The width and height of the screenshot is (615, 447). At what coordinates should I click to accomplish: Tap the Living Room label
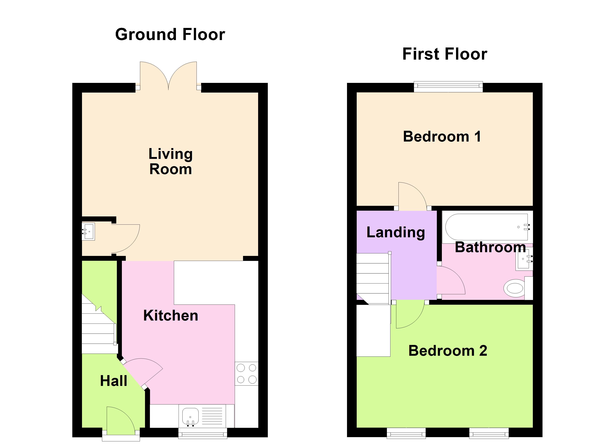coord(171,161)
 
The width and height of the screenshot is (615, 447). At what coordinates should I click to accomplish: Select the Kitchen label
coord(171,315)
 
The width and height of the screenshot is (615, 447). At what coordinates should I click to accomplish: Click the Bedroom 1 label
coord(442,136)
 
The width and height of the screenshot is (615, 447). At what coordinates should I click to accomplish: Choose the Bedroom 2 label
coord(448,351)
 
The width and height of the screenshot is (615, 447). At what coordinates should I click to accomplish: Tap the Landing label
coord(396,232)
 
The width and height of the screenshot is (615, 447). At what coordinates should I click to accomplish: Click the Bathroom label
coord(490,247)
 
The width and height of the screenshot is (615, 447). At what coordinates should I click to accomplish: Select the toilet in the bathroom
coord(518,288)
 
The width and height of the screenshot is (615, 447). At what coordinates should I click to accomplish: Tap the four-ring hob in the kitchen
coord(247,374)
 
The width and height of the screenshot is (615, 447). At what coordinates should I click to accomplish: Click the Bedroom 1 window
coord(448,87)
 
